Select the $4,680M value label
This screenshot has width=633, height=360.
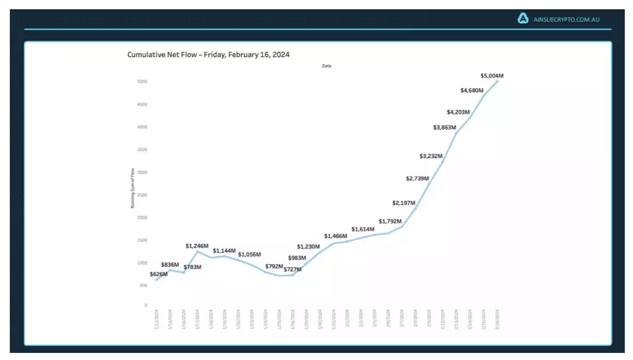pyautogui.click(x=471, y=90)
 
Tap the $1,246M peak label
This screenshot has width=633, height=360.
pyautogui.click(x=196, y=246)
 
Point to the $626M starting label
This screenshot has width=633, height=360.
pyautogui.click(x=159, y=274)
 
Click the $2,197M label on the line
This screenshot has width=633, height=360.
pyautogui.click(x=403, y=203)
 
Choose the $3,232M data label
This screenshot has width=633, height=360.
pyautogui.click(x=431, y=156)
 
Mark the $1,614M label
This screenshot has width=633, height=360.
pyautogui.click(x=363, y=230)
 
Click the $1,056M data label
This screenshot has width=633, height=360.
pyautogui.click(x=249, y=254)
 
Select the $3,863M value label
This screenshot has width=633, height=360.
pyautogui.click(x=445, y=127)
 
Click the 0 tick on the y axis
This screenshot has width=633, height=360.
pyautogui.click(x=146, y=305)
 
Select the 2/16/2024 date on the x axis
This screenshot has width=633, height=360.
pyautogui.click(x=497, y=320)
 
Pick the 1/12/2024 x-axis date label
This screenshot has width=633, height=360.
pyautogui.click(x=156, y=320)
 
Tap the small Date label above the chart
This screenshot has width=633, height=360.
pyautogui.click(x=326, y=66)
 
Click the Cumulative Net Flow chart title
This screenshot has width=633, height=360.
pyautogui.click(x=208, y=55)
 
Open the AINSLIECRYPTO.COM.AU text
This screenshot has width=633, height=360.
pyautogui.click(x=566, y=20)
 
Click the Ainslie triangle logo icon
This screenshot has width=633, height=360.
pyautogui.click(x=523, y=19)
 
